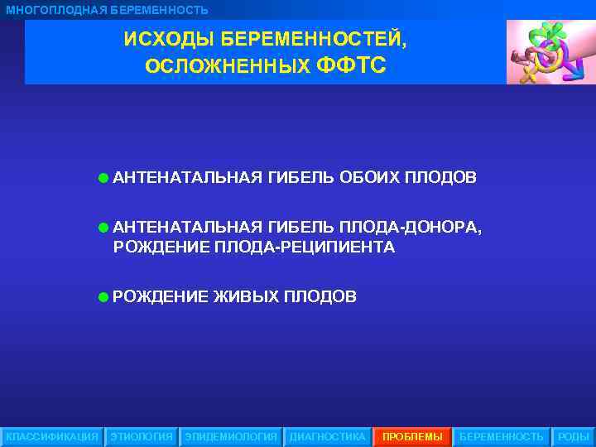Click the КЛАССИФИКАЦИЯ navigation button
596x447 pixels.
point(51,436)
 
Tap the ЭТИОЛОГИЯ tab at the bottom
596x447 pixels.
point(142,436)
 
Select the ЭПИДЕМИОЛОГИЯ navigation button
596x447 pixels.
point(231,436)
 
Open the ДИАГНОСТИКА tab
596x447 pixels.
point(327,436)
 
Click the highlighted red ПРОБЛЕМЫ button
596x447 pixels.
point(412,436)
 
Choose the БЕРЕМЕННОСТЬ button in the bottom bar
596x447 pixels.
point(502,436)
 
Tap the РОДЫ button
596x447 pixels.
point(573,436)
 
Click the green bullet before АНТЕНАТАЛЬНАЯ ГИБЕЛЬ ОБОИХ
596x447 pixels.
point(102,177)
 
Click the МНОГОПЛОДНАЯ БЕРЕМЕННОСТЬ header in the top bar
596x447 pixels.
point(108,10)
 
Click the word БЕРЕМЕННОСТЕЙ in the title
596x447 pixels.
point(309,40)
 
